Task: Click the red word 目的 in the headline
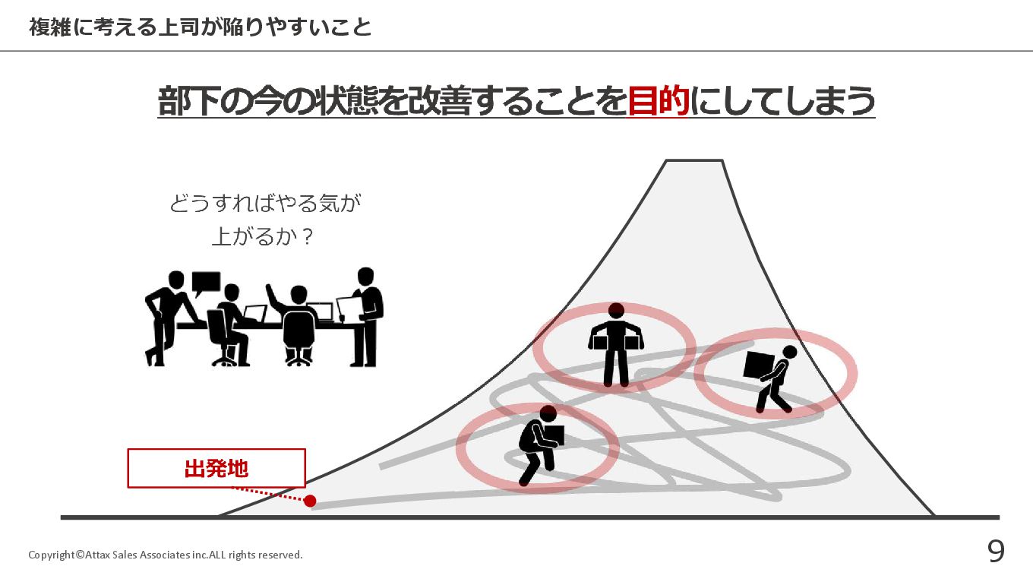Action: [x=658, y=101]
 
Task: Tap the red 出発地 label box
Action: [x=216, y=468]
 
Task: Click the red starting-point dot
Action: [x=310, y=501]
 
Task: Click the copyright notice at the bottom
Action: [x=165, y=555]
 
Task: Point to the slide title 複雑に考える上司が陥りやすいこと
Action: [x=201, y=27]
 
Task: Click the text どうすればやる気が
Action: [x=264, y=204]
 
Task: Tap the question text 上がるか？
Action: [x=263, y=236]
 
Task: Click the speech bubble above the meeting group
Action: [x=206, y=283]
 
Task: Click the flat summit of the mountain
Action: [x=694, y=161]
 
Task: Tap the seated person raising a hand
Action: [x=295, y=323]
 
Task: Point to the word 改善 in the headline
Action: [x=439, y=101]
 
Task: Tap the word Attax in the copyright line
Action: [x=99, y=555]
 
